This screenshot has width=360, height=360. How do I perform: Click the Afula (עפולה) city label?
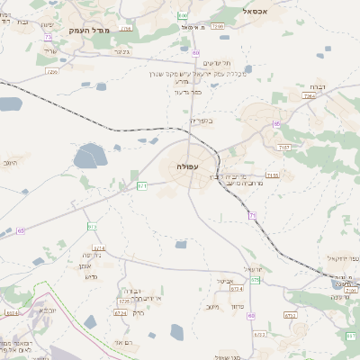[x=189, y=167]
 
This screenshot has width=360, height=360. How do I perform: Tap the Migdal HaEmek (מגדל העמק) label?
[x=88, y=31]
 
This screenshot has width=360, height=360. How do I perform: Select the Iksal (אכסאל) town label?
[x=258, y=11]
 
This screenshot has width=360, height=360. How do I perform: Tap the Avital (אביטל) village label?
[x=225, y=281]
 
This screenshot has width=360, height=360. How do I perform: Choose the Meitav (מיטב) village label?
[x=212, y=307]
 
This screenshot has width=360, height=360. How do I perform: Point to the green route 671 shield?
[x=142, y=185]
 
